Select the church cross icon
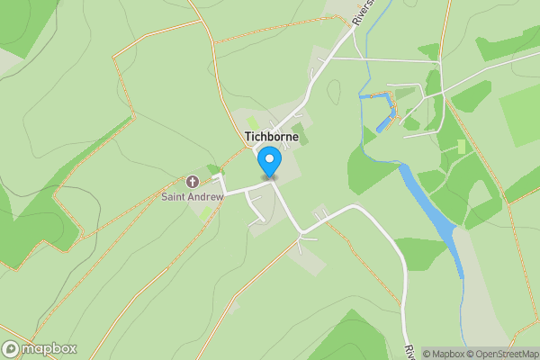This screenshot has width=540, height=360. pyautogui.click(x=192, y=181)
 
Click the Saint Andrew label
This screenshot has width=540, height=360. pyautogui.click(x=192, y=196)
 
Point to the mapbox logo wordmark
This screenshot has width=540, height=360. pyautogui.click(x=49, y=349)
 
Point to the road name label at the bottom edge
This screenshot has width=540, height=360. pyautogui.click(x=409, y=352)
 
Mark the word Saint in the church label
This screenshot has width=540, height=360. pyautogui.click(x=175, y=196)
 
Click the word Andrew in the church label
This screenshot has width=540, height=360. pyautogui.click(x=206, y=196)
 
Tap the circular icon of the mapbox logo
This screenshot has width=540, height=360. pyautogui.click(x=12, y=349)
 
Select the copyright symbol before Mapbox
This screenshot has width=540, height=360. pyautogui.click(x=426, y=354)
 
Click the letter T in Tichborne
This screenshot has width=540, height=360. pyautogui.click(x=247, y=137)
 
